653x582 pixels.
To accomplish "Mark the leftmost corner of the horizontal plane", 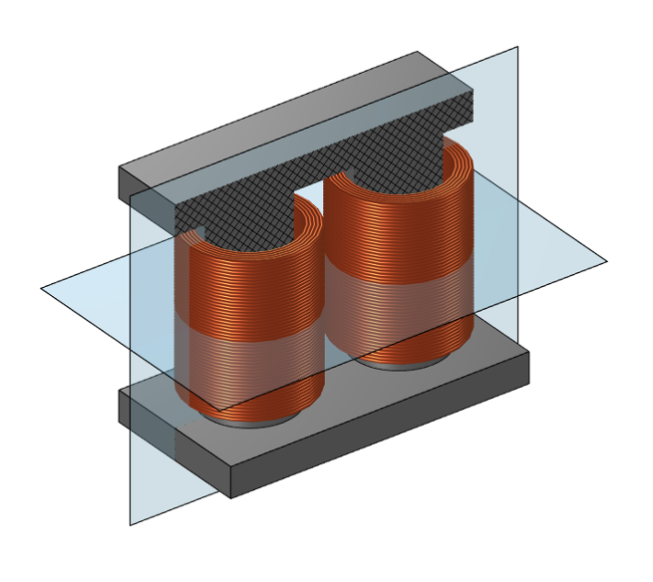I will tap(41, 288).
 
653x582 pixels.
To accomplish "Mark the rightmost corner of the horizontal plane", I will tap(607, 262).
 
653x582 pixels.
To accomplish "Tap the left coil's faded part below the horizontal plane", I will tap(249, 369).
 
